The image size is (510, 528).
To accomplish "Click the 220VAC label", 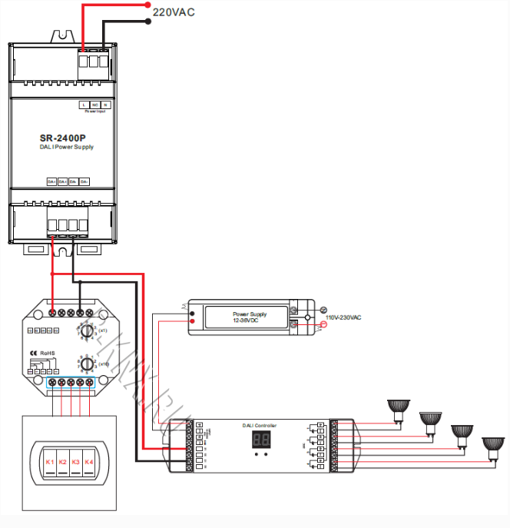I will pyautogui.click(x=174, y=12).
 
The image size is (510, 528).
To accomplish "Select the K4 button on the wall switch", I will pyautogui.click(x=89, y=462).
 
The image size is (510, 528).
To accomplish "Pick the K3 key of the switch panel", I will pyautogui.click(x=76, y=462).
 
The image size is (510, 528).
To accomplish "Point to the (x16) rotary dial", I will pyautogui.click(x=87, y=364).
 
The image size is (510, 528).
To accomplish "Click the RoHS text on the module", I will pyautogui.click(x=48, y=353).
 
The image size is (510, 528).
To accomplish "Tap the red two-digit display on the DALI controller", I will pyautogui.click(x=260, y=440).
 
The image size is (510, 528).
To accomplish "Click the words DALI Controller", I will pyautogui.click(x=260, y=425).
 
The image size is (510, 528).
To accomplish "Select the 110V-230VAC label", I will pyautogui.click(x=343, y=317).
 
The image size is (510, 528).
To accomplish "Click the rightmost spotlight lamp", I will pyautogui.click(x=492, y=446).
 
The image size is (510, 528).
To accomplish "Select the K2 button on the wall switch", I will pyautogui.click(x=63, y=462).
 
